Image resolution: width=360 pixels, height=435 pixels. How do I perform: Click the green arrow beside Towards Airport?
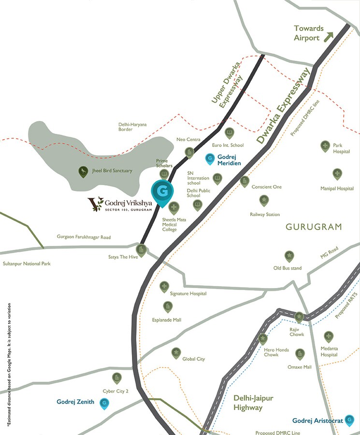[x=330, y=36]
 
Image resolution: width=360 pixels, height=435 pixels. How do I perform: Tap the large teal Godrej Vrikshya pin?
[x=163, y=192]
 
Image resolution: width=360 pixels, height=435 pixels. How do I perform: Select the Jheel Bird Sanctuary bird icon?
[x=84, y=171]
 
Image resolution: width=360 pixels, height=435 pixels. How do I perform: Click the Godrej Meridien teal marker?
[x=210, y=158]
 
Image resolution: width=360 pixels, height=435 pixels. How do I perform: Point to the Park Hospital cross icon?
[x=325, y=145]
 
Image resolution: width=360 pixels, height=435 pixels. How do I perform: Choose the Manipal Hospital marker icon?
[x=337, y=174]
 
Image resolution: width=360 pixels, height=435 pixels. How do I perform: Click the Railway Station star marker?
[x=264, y=199]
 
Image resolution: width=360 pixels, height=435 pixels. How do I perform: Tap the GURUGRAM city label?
[x=314, y=227]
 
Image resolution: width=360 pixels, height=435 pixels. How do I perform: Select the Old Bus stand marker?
[x=288, y=256]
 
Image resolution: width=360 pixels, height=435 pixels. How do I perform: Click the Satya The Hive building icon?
[x=141, y=250]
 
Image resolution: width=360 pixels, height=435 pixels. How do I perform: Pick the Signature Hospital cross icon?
[x=164, y=286]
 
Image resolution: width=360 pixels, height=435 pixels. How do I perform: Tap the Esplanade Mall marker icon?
[x=167, y=306]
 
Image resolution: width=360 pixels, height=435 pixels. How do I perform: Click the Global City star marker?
[x=176, y=353]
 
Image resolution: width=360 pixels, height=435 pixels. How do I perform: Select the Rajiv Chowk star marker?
[x=299, y=317]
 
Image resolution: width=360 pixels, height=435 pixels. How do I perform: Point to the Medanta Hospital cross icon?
[x=329, y=336]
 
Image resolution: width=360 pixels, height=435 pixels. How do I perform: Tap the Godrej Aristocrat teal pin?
[x=350, y=420]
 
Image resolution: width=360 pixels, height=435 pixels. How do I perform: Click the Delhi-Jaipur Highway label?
[x=253, y=403]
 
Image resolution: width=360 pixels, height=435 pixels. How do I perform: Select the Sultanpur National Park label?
[x=27, y=263]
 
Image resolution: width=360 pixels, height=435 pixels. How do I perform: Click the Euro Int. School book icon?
[x=230, y=131]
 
